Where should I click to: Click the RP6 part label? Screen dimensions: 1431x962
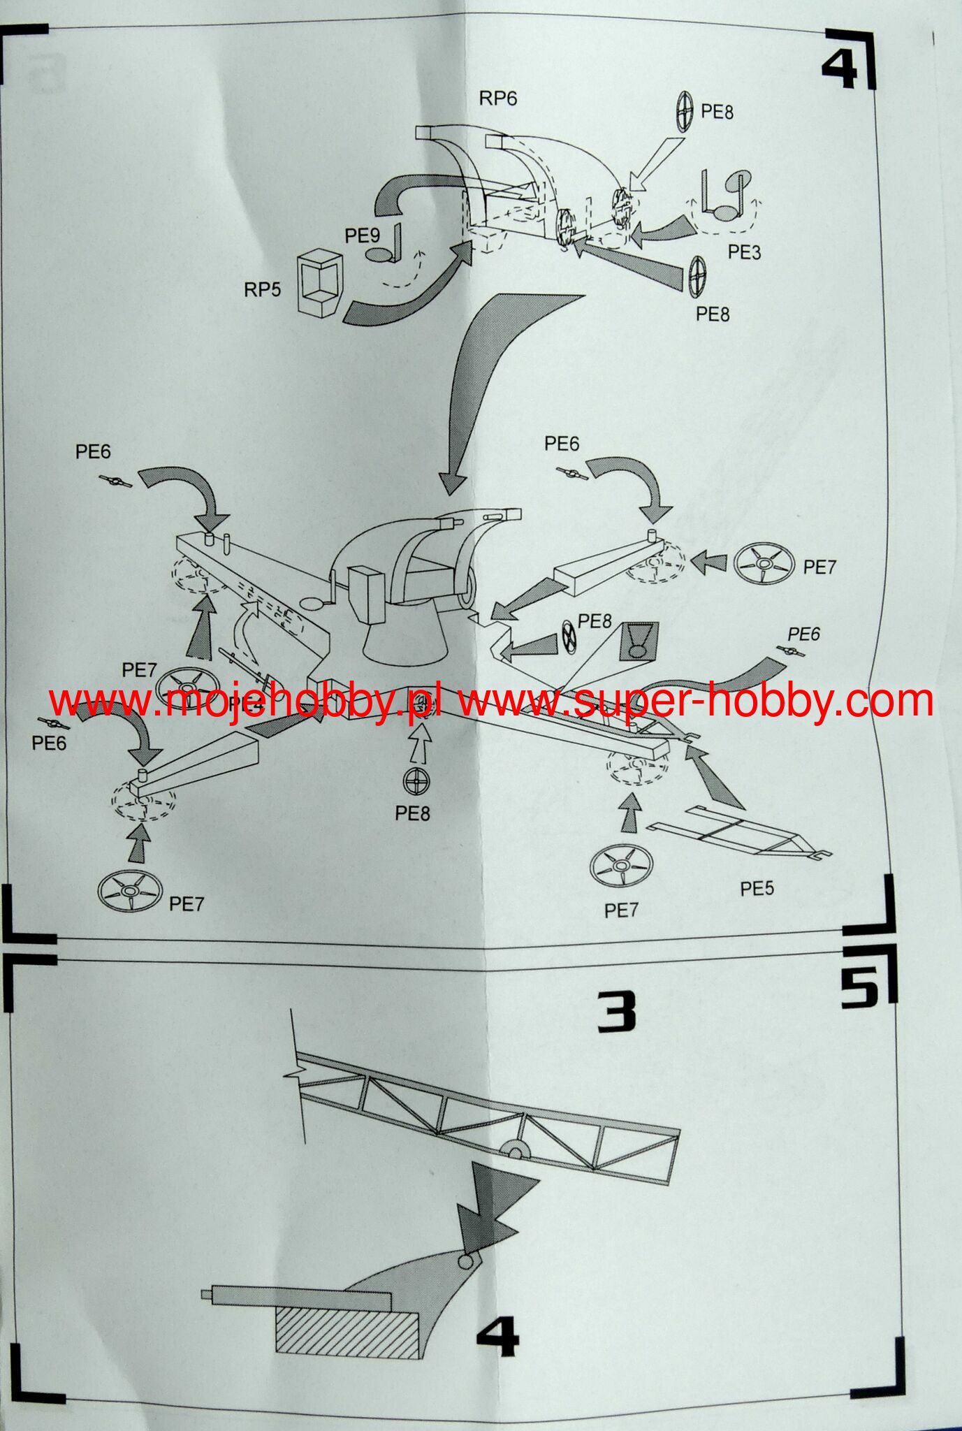tap(497, 99)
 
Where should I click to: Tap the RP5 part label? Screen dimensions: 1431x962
tap(262, 289)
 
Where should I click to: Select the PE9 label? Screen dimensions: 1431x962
tap(362, 236)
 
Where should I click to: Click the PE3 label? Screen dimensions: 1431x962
tap(744, 252)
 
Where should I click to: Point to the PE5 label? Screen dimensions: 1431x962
tap(757, 888)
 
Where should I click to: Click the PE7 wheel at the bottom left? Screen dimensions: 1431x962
tap(131, 892)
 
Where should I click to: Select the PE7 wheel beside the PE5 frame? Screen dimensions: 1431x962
tap(621, 866)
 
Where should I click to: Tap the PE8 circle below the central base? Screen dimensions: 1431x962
tap(417, 781)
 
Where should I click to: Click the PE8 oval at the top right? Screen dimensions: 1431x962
tap(684, 111)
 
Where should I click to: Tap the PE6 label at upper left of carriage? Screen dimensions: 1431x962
tap(93, 451)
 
